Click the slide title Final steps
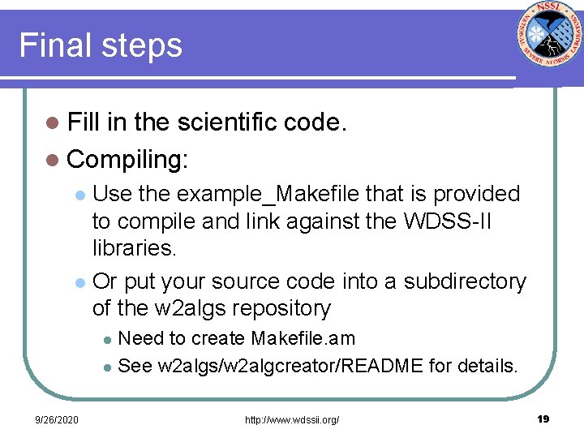pyautogui.click(x=101, y=45)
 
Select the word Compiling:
pyautogui.click(x=127, y=159)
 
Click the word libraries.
pyautogui.click(x=134, y=247)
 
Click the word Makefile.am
pyautogui.click(x=303, y=338)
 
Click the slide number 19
pyautogui.click(x=543, y=419)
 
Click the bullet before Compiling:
pyautogui.click(x=53, y=160)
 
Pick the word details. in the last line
pyautogui.click(x=486, y=366)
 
